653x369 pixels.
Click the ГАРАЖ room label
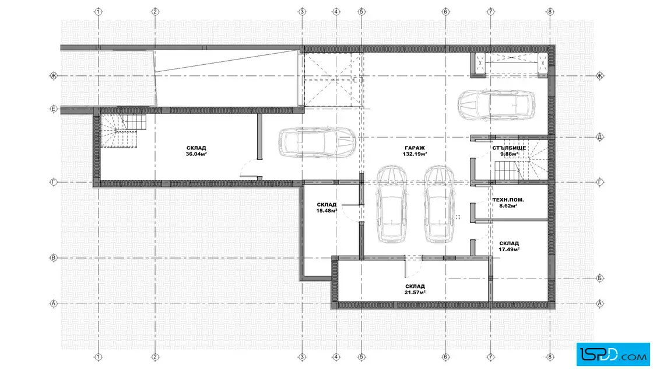415,148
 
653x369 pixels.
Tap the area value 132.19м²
415,154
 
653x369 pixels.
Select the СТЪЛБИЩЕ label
509,148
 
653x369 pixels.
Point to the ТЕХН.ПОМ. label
508,200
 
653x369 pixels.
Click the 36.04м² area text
196,154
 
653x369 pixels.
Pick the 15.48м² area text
326,211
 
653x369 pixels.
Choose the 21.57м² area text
415,293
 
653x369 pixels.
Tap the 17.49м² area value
509,249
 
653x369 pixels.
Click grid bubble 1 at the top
99,12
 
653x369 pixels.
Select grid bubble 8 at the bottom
550,357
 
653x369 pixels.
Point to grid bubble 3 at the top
303,12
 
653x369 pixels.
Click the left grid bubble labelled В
53,257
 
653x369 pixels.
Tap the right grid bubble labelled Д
600,137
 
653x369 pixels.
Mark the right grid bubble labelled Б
600,278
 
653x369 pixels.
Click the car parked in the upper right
496,105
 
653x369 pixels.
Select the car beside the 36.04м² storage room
317,142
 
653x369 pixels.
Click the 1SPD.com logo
613,354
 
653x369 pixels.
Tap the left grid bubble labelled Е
53,109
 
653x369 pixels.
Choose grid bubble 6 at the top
445,12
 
